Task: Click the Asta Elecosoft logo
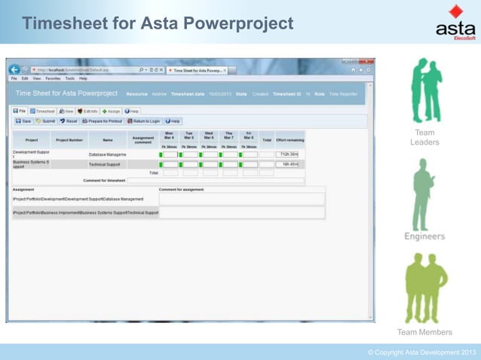click(x=455, y=23)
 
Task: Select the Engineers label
click(x=424, y=236)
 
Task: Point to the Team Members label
click(x=424, y=332)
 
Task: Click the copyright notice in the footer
click(x=421, y=352)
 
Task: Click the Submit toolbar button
click(x=45, y=121)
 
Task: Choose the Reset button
click(x=69, y=121)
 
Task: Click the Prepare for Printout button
click(x=103, y=121)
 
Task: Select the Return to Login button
click(x=143, y=121)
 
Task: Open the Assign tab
click(x=111, y=111)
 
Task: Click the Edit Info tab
click(x=87, y=111)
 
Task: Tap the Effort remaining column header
click(x=290, y=139)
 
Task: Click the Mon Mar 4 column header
click(x=169, y=136)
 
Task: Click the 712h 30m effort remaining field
click(x=289, y=154)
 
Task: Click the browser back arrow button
click(x=14, y=70)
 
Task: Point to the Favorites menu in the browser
click(x=53, y=78)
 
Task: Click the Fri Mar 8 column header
click(x=248, y=136)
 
